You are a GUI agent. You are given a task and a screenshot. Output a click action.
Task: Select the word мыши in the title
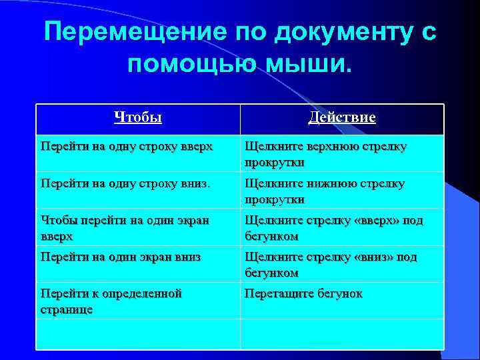click(x=313, y=65)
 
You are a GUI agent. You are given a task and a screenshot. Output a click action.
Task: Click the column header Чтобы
click(x=138, y=118)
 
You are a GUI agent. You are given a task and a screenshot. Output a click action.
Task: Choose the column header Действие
click(x=342, y=118)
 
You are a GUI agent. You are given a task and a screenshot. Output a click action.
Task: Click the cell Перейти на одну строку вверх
click(x=127, y=146)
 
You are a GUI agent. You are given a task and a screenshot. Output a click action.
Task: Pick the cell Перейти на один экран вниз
click(x=121, y=257)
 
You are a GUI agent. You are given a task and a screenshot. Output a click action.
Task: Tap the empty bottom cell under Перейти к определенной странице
click(x=137, y=333)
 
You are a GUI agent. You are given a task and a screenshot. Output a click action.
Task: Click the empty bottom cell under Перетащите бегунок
click(x=341, y=333)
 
